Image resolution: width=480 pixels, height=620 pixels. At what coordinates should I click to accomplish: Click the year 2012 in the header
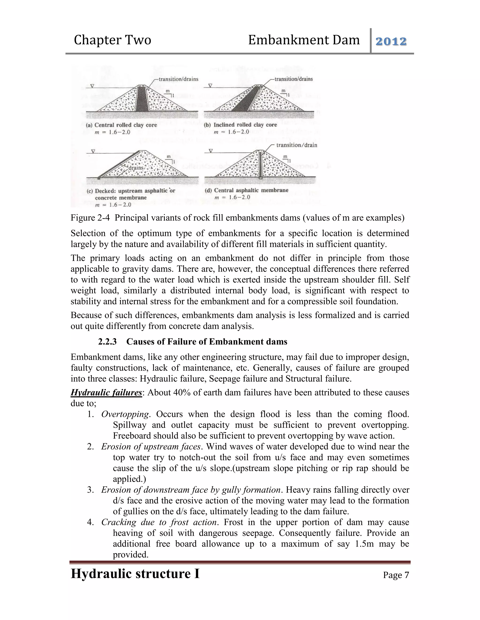391,41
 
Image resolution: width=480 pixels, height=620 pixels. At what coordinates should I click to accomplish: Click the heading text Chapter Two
112,40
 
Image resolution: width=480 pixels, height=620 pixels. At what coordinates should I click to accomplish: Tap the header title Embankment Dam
304,40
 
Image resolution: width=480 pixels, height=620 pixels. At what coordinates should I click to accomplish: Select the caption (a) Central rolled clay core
121,125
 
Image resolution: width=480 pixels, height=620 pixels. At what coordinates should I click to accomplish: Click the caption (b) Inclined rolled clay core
240,125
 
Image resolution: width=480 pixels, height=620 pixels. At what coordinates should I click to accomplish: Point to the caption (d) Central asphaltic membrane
246,190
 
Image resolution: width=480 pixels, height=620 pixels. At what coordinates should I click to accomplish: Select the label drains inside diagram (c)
136,168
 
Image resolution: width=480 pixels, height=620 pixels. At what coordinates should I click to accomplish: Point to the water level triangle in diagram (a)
92,86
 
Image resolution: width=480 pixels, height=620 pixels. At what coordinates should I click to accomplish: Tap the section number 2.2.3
107,342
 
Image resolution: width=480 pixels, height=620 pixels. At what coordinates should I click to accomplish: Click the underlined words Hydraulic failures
106,393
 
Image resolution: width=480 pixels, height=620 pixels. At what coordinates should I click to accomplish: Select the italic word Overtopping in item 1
125,414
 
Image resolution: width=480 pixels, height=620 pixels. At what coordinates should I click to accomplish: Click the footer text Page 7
396,575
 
